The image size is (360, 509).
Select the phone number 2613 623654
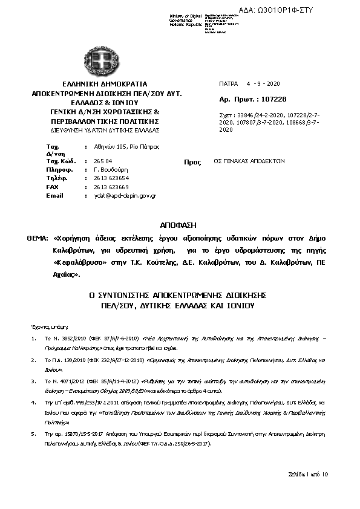[x=112, y=179]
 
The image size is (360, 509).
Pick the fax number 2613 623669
[x=112, y=187]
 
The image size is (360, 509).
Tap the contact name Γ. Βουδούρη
[x=111, y=170]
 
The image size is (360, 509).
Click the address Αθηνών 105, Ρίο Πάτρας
[x=121, y=147]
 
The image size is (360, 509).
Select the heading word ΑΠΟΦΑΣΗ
[x=180, y=224]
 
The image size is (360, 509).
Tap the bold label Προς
[x=192, y=163]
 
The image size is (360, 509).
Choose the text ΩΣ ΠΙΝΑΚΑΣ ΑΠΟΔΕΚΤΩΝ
[x=249, y=162]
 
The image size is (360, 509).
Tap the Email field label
[x=54, y=196]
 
